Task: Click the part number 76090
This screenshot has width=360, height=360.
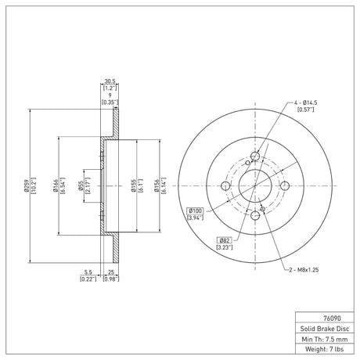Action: (x=332, y=319)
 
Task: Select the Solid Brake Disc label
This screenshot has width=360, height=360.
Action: (x=325, y=329)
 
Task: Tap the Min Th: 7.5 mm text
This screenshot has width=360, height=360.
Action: (x=325, y=339)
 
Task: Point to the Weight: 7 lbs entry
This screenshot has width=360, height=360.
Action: (x=325, y=349)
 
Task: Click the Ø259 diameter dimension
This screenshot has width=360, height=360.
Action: (x=26, y=185)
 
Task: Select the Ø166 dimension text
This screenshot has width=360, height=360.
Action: (x=55, y=185)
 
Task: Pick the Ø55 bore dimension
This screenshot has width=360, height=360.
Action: (x=81, y=185)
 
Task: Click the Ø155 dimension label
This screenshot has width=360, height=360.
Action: (x=133, y=185)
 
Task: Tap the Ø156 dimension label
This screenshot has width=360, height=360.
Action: (x=157, y=185)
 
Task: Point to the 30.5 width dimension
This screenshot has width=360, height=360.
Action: (x=110, y=81)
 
